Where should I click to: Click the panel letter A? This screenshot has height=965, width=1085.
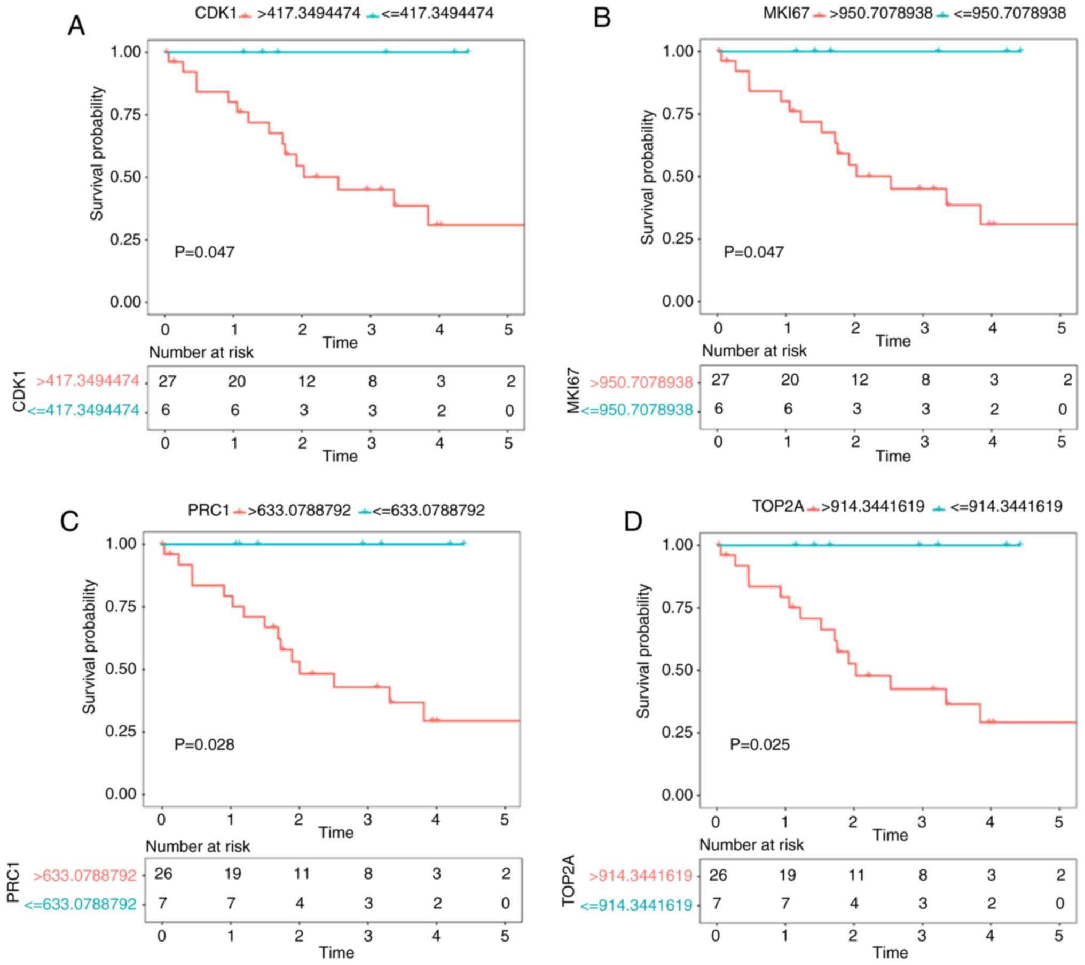[x=76, y=26]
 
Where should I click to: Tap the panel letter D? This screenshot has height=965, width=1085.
[x=633, y=522]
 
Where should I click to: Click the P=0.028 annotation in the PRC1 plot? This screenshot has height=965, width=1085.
[x=205, y=744]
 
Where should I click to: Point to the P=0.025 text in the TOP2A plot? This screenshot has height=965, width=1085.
[x=759, y=744]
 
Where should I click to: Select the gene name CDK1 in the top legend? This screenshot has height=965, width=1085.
[x=215, y=13]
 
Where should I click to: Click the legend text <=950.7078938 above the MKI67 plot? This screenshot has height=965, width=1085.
[x=1010, y=13]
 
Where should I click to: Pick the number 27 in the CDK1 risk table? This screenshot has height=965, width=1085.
[x=168, y=381]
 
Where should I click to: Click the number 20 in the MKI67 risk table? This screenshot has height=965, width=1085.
[x=790, y=380]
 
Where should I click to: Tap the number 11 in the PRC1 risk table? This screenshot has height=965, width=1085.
[x=301, y=874]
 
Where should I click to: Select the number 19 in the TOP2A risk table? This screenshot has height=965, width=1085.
[x=787, y=875]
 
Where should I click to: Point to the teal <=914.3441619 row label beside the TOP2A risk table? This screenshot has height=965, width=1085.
[x=636, y=905]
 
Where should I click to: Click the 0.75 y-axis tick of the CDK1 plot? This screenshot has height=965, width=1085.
[x=125, y=115]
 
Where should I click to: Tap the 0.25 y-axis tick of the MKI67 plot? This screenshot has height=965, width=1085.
[x=678, y=239]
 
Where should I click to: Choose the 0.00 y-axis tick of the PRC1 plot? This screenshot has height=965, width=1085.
[x=121, y=794]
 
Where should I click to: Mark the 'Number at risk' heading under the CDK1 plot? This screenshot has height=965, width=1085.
[x=201, y=352]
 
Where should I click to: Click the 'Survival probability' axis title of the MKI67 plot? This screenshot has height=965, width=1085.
[x=647, y=177]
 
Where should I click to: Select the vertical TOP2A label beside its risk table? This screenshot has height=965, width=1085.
[x=568, y=881]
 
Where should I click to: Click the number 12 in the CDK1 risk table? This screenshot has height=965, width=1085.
[x=306, y=381]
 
